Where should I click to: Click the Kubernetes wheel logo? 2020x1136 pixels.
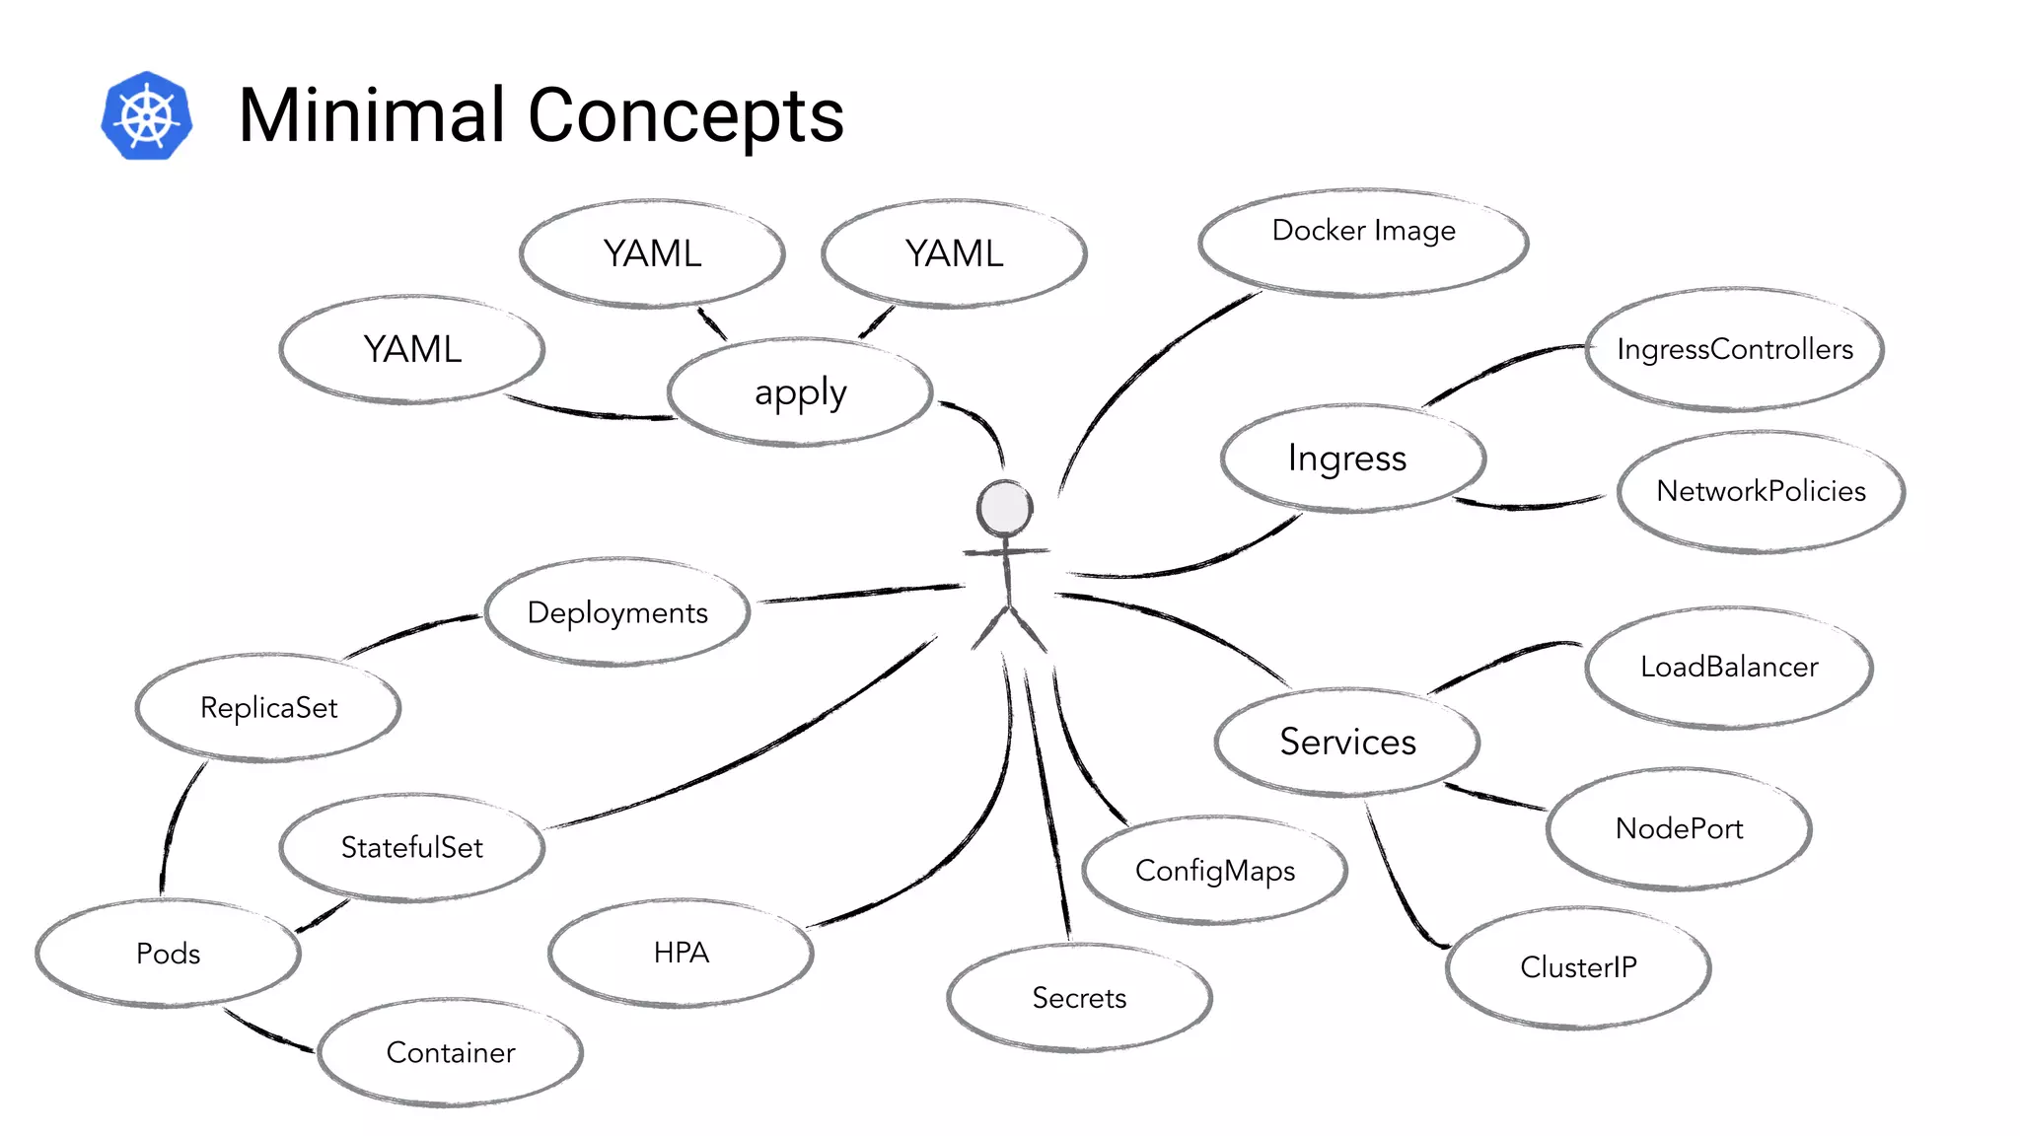tap(147, 115)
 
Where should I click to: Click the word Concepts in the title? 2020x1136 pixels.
tap(685, 116)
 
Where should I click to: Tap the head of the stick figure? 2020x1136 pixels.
tap(1004, 509)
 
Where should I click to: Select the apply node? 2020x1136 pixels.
tap(800, 392)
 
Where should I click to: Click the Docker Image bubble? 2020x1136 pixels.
tap(1363, 242)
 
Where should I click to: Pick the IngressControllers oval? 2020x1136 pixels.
tap(1735, 349)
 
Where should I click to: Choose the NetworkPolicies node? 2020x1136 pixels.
tap(1761, 491)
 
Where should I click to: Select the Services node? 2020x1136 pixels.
tap(1347, 742)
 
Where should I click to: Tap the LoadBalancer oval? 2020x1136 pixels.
tap(1728, 668)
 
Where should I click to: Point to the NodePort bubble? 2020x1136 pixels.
tap(1679, 828)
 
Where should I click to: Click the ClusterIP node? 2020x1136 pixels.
tap(1578, 967)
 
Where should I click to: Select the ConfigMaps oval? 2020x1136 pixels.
tap(1214, 870)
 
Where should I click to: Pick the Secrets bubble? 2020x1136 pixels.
tap(1079, 998)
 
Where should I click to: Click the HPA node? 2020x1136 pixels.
tap(681, 953)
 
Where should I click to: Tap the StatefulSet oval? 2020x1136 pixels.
tap(411, 848)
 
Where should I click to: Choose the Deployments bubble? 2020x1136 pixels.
tap(617, 612)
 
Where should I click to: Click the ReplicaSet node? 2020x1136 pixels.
tap(268, 708)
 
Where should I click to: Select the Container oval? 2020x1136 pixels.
tap(451, 1053)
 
